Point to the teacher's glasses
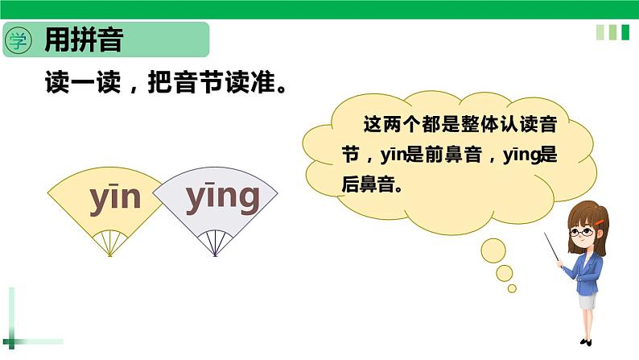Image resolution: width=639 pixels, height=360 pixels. click(x=582, y=232)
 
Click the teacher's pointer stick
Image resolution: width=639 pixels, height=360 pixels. click(x=554, y=249)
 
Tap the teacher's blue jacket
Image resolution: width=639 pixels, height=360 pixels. click(x=588, y=270)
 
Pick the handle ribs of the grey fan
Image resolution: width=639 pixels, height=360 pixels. click(x=214, y=242)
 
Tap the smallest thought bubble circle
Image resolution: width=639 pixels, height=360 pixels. click(x=512, y=288)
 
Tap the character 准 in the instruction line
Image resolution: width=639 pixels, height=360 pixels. click(x=258, y=83)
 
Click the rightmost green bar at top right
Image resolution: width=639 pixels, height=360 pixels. click(x=624, y=32)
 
